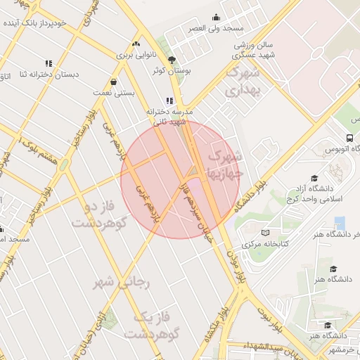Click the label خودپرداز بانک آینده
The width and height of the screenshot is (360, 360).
click(34, 23)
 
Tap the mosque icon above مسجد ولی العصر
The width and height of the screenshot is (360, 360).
click(216, 18)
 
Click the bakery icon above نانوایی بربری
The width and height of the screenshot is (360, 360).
click(136, 44)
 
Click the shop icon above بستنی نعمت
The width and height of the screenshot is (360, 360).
click(113, 82)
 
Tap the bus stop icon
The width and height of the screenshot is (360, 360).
click(350, 139)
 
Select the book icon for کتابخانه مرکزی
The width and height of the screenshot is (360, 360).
click(264, 233)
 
